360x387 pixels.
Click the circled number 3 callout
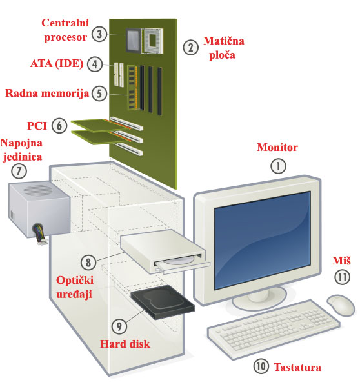click(x=99, y=34)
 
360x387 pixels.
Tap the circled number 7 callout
click(x=19, y=171)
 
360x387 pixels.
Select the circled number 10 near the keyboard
click(x=261, y=366)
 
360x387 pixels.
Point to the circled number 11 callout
click(x=342, y=277)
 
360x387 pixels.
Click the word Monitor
click(x=277, y=147)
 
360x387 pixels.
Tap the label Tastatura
click(x=297, y=367)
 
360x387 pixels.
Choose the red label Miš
click(x=341, y=261)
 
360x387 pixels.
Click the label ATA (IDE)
click(x=57, y=64)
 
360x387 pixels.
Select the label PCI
click(x=37, y=126)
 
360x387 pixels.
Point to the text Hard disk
click(x=125, y=344)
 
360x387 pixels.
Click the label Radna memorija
click(x=47, y=93)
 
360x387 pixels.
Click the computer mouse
click(x=341, y=305)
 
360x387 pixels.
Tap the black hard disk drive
click(x=163, y=302)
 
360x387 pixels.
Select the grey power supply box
click(x=39, y=210)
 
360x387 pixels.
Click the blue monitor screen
click(x=262, y=240)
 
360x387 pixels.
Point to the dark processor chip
click(x=133, y=40)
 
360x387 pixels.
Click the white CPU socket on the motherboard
click(x=153, y=41)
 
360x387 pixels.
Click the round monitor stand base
click(x=259, y=299)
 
